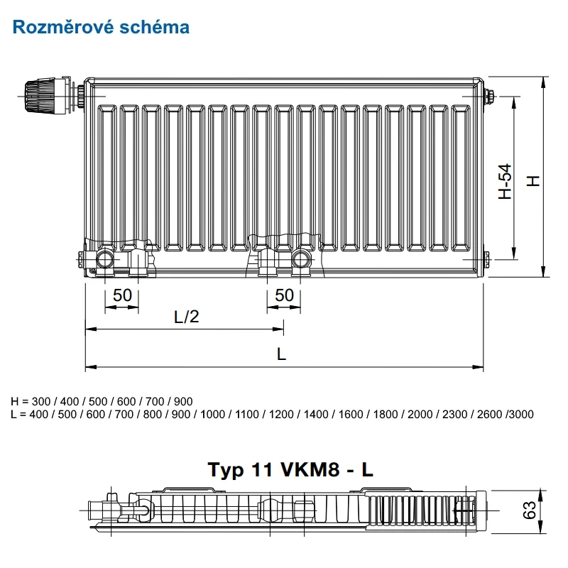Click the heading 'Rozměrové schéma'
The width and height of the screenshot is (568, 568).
click(101, 27)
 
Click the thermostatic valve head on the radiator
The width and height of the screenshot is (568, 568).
click(40, 95)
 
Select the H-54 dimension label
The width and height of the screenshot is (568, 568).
click(505, 181)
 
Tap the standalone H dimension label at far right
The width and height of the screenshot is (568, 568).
click(533, 181)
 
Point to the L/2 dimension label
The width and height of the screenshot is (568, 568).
click(187, 317)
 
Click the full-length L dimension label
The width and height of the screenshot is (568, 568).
click(281, 354)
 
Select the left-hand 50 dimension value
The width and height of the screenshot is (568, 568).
click(122, 295)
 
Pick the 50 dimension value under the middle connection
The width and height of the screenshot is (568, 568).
click(285, 295)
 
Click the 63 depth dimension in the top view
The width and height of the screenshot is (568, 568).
click(530, 510)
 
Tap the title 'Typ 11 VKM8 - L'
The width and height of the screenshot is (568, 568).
click(290, 469)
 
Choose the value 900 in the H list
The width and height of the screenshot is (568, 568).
click(183, 401)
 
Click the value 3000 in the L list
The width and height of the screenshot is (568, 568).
click(522, 414)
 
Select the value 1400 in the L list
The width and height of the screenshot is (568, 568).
click(316, 414)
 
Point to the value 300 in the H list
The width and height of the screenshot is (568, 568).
click(41, 401)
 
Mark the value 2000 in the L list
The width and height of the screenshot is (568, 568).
click(420, 414)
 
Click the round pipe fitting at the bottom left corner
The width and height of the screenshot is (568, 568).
click(105, 260)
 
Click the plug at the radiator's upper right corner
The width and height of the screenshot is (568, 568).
click(489, 97)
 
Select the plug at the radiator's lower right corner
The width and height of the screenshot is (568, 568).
click(486, 259)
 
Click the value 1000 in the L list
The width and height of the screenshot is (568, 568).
click(212, 414)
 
